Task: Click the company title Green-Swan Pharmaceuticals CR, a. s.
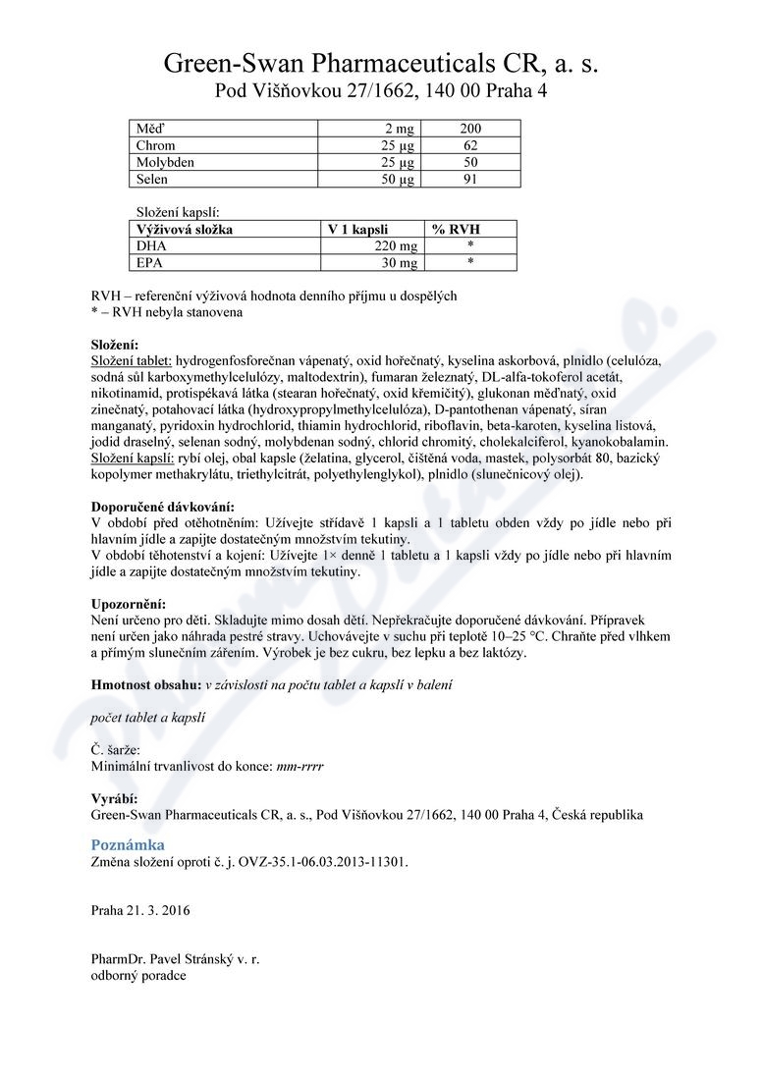(380, 65)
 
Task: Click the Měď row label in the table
(150, 129)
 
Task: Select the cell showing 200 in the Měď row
(470, 129)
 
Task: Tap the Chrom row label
(156, 145)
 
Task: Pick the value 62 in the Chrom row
(470, 145)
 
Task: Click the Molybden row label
(163, 162)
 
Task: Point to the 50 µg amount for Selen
(400, 180)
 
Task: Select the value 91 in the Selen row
(470, 180)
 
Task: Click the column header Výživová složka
(186, 230)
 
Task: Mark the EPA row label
(150, 263)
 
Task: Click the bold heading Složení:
(115, 346)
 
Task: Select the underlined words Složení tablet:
(131, 362)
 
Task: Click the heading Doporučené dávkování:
(162, 508)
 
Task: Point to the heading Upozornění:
(129, 604)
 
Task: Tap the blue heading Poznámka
(128, 844)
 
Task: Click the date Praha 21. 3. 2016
(140, 910)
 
